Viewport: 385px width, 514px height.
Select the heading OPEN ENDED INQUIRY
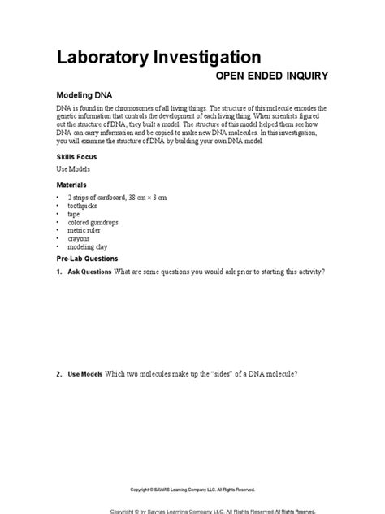pyautogui.click(x=271, y=76)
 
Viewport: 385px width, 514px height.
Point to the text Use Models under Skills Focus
pyautogui.click(x=73, y=169)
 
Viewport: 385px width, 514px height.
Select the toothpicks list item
pyautogui.click(x=84, y=207)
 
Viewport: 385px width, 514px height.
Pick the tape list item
pyautogui.click(x=76, y=215)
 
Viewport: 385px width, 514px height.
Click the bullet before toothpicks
pyautogui.click(x=58, y=207)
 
